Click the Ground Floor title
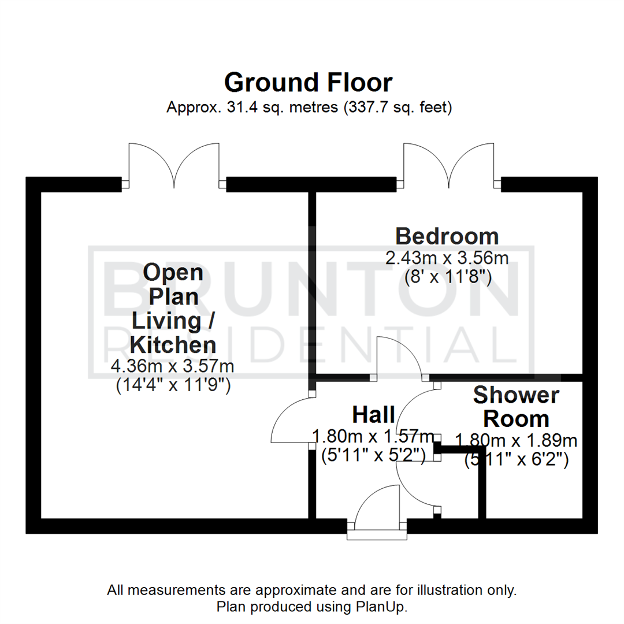(308, 83)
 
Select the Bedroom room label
(447, 236)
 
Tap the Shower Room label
(515, 407)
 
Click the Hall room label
(373, 414)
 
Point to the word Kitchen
(173, 345)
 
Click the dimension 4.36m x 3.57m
(173, 366)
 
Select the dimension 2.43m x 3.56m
(447, 258)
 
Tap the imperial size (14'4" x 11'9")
(173, 385)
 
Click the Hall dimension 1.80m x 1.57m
(373, 435)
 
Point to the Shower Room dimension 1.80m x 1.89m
(516, 441)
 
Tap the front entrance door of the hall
(377, 508)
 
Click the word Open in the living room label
(173, 272)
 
